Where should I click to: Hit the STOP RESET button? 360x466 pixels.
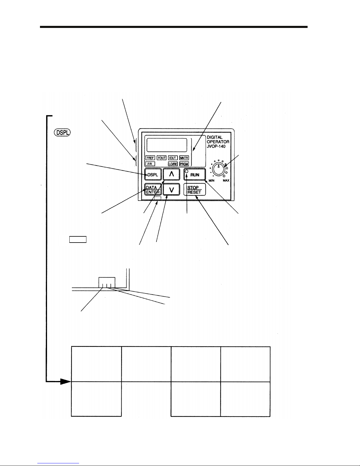click(194, 190)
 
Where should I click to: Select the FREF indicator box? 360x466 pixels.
click(150, 158)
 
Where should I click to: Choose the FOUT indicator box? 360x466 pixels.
click(161, 158)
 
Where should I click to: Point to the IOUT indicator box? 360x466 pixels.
click(173, 158)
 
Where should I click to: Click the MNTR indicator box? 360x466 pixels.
click(184, 158)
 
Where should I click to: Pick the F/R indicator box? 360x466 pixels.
click(150, 164)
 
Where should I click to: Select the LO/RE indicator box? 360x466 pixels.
click(173, 164)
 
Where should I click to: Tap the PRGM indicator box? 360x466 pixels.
click(184, 164)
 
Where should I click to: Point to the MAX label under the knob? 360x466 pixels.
click(226, 181)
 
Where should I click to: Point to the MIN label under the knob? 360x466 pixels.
click(211, 181)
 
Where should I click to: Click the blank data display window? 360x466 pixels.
click(167, 145)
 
